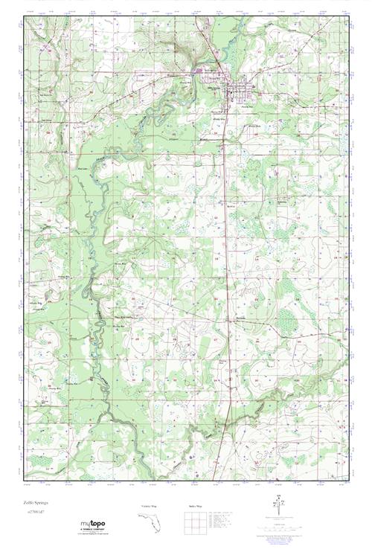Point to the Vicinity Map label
click(x=150, y=507)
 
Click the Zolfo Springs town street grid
click(x=237, y=92)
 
